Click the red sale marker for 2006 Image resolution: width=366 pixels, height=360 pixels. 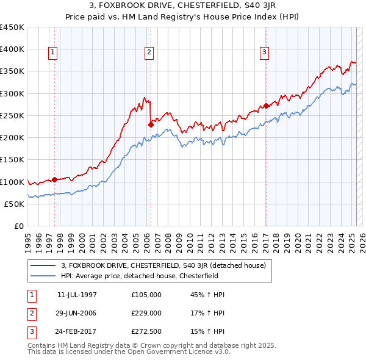(151, 124)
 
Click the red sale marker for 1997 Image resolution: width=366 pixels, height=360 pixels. (54, 179)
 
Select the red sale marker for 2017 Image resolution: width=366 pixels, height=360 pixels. (266, 106)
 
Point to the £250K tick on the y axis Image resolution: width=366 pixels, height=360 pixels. (12, 115)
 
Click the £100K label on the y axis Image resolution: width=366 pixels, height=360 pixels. (12, 182)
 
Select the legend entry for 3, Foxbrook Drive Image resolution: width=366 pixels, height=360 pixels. (163, 265)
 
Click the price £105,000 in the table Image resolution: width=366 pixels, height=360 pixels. (146, 295)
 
